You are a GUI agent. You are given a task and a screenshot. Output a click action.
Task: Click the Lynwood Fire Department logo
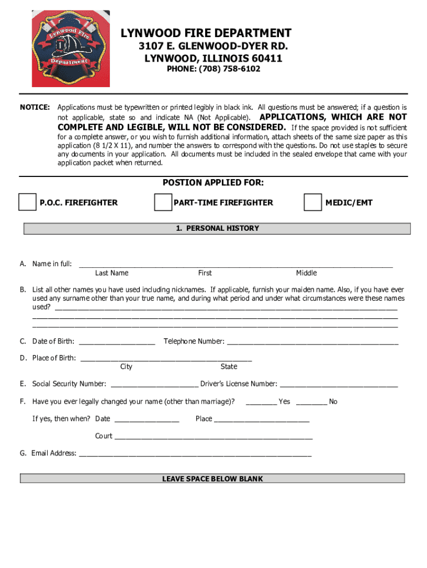[70, 49]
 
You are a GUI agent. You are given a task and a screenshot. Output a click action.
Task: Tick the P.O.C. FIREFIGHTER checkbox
[27, 202]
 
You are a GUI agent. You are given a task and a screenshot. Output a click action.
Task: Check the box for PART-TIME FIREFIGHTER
[162, 202]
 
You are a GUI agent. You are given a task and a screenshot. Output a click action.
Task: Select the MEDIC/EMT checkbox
[312, 202]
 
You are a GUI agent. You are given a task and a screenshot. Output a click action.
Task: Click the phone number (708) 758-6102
[213, 69]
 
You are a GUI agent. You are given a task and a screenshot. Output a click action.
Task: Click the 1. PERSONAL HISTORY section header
[217, 229]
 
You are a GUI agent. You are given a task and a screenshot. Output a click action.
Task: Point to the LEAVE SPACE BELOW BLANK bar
[212, 479]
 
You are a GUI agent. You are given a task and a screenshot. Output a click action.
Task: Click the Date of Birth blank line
[117, 342]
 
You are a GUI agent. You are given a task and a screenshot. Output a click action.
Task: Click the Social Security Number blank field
[155, 384]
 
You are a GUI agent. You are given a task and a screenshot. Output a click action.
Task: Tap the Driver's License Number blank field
[339, 384]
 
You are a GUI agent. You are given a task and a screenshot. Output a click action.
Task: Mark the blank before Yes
[261, 402]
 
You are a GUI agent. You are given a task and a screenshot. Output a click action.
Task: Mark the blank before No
[311, 402]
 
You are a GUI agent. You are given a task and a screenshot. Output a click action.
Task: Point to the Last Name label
[111, 273]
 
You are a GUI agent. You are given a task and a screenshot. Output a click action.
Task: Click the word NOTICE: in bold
[35, 106]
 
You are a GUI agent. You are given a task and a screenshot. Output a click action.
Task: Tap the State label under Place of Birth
[228, 367]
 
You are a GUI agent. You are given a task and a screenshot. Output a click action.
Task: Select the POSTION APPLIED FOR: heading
[213, 183]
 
